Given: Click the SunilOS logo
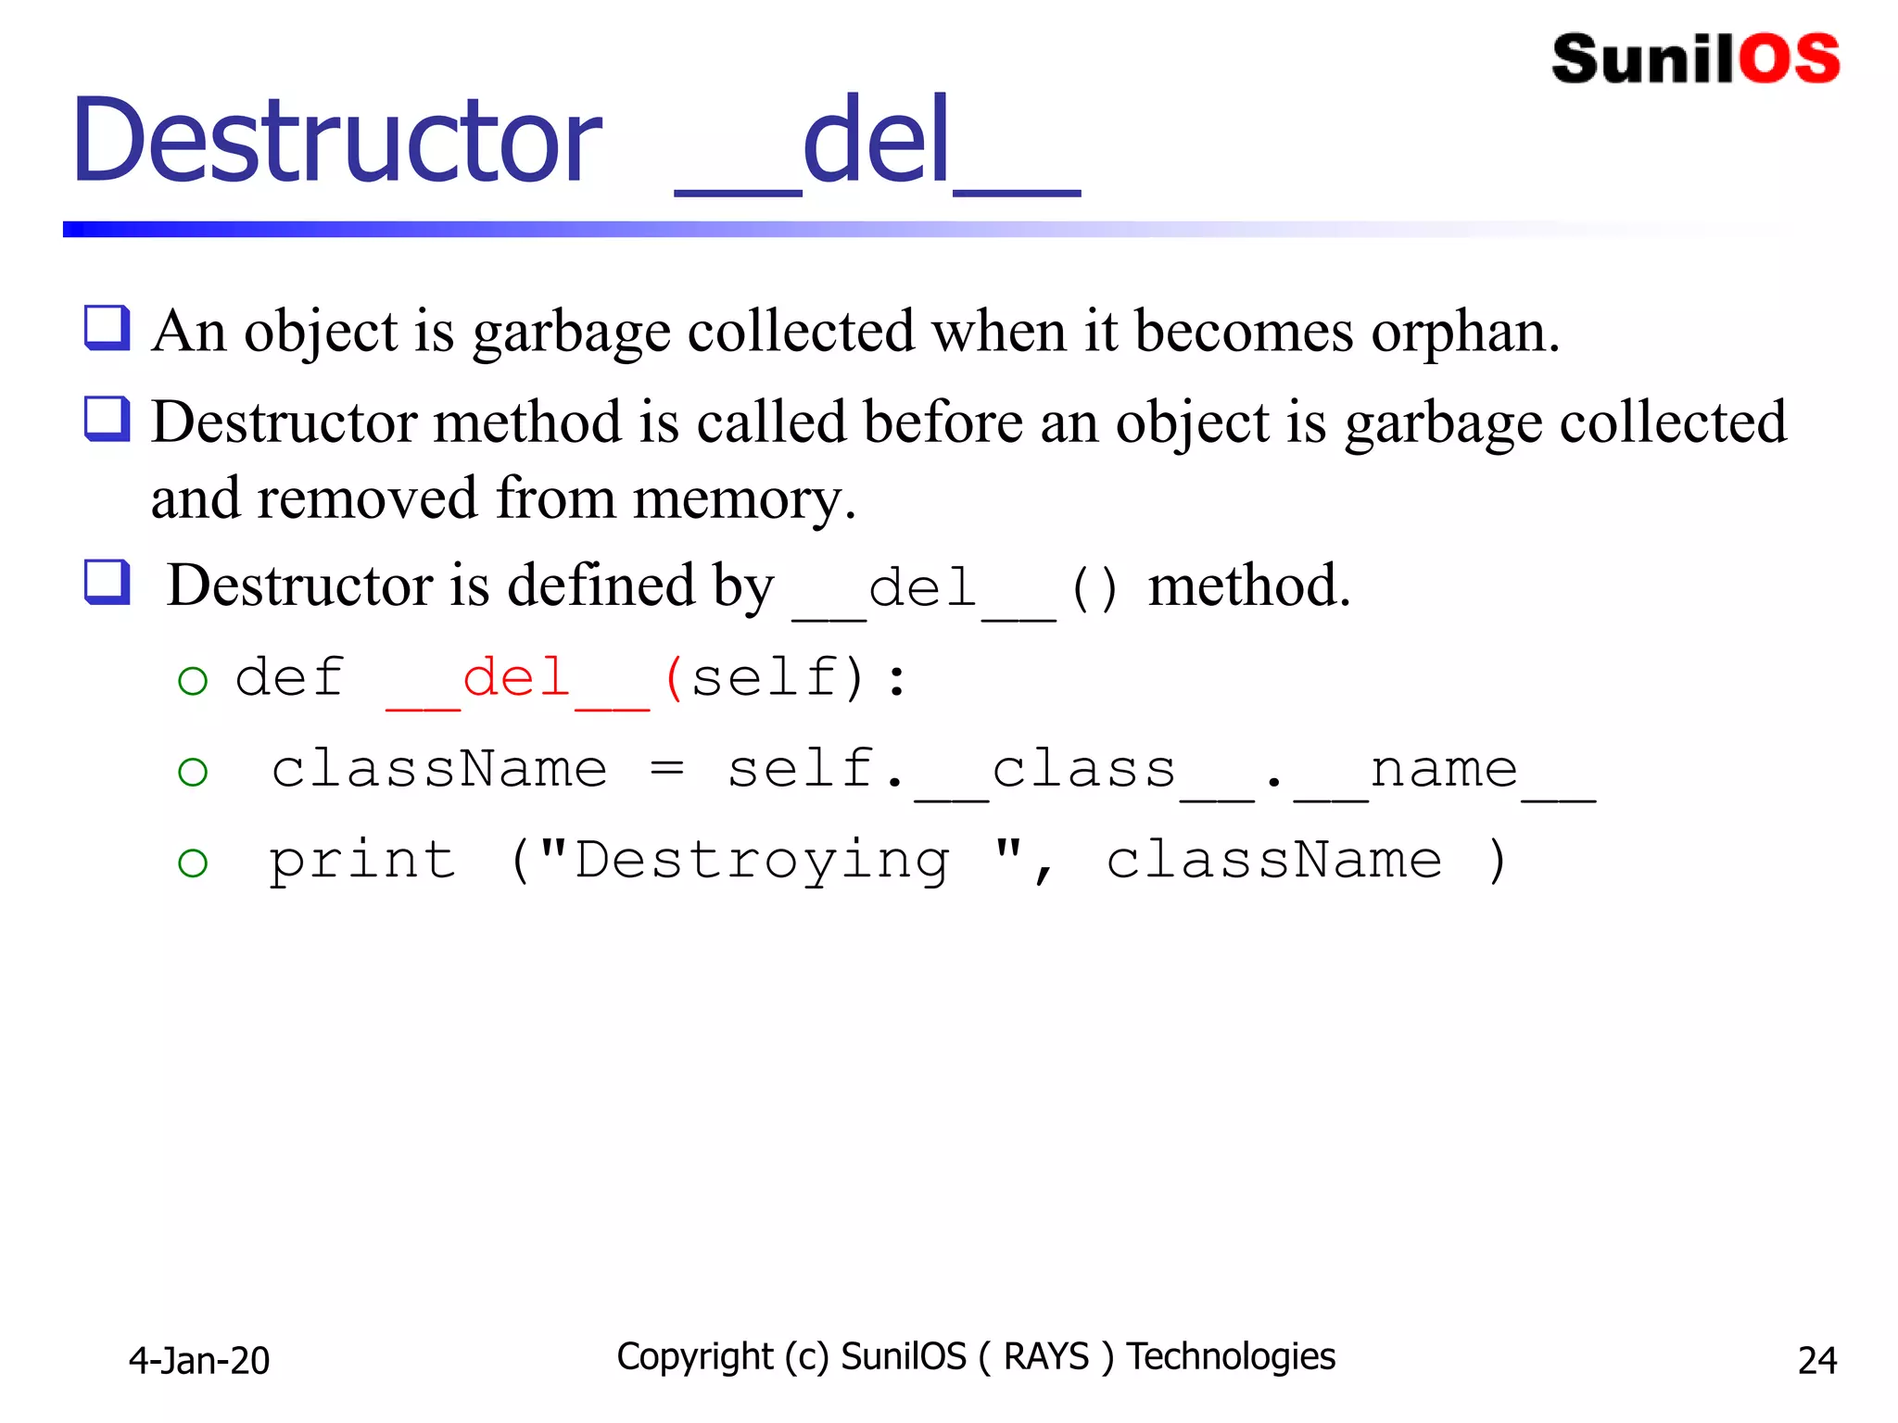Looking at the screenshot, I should (1695, 59).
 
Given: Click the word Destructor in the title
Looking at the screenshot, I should (337, 141).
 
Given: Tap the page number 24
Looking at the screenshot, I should (1816, 1360).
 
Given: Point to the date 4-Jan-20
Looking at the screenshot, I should (199, 1360).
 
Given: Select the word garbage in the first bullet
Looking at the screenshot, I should (571, 332).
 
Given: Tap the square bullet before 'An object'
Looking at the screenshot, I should (108, 328).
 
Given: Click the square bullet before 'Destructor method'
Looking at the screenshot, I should (108, 419).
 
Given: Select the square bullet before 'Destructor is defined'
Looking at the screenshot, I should (108, 582).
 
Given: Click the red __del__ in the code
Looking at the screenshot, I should (517, 678).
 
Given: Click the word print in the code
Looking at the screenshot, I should (362, 862).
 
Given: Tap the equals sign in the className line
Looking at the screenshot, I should (667, 769).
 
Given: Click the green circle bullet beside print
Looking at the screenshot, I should (193, 863).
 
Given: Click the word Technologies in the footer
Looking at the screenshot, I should (1231, 1356).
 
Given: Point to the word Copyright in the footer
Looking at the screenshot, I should (694, 1356).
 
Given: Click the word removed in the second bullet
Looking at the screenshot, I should (367, 498).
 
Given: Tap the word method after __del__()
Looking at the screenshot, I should (1248, 586).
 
